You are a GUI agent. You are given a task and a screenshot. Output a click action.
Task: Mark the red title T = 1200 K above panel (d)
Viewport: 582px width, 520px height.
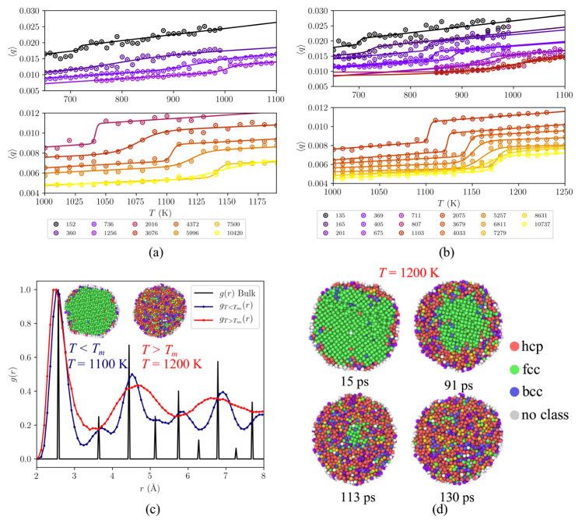(x=399, y=274)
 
